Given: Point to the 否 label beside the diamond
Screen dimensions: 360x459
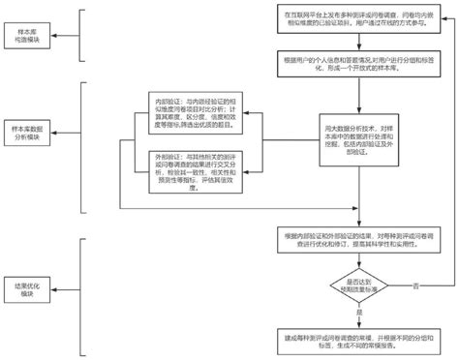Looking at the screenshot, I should point(414,285).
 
